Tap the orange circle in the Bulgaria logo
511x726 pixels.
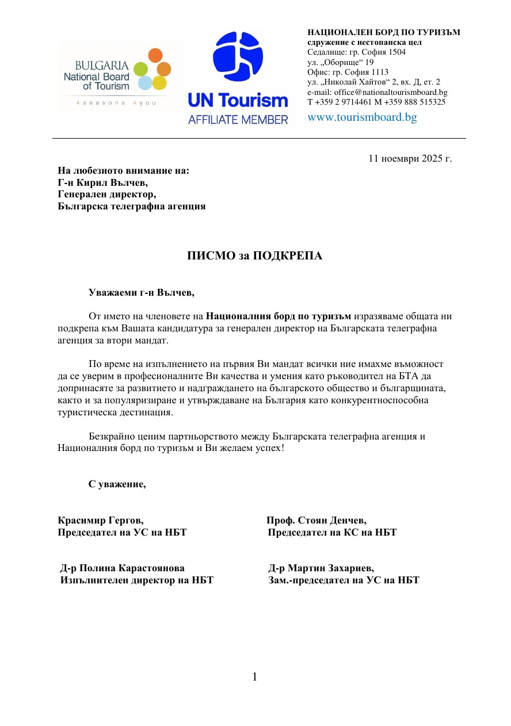(x=155, y=55)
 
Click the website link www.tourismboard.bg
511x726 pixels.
(x=362, y=117)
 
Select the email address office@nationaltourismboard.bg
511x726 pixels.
(x=377, y=92)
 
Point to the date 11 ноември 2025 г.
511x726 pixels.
(x=410, y=158)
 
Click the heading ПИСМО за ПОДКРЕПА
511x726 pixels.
(x=254, y=256)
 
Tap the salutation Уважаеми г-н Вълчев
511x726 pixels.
(x=142, y=293)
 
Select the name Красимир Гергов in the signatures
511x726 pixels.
(x=101, y=521)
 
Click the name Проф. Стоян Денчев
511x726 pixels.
(x=316, y=521)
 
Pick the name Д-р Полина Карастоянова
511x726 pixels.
(x=123, y=568)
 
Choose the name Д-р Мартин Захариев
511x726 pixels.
(x=321, y=568)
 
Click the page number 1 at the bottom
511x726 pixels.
(x=254, y=677)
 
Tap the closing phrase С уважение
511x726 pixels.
(x=117, y=484)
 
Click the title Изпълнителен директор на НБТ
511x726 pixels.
(x=137, y=580)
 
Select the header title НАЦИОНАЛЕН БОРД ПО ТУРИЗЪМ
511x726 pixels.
(x=384, y=32)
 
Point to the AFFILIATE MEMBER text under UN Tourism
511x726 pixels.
(x=238, y=120)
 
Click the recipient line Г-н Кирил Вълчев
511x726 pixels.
(x=102, y=182)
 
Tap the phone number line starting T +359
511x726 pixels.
(x=376, y=102)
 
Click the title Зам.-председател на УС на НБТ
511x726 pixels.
(x=344, y=580)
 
